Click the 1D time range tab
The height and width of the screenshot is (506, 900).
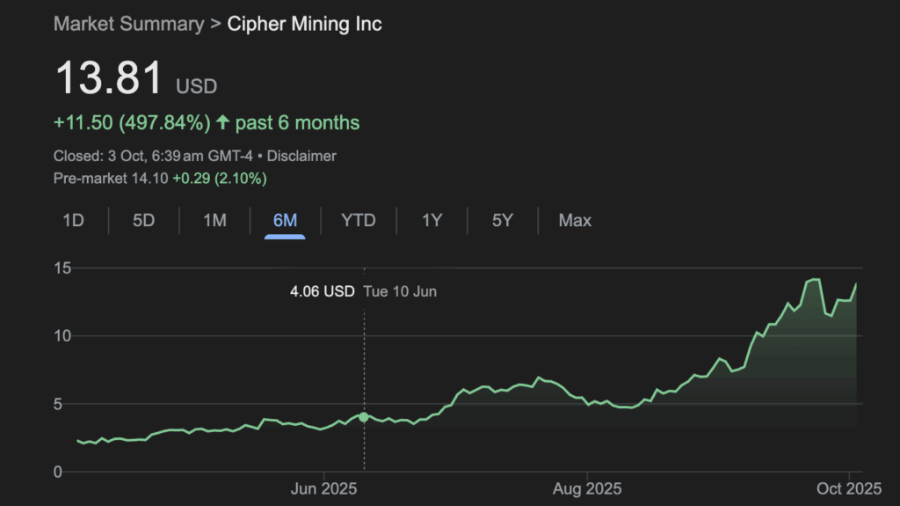pyautogui.click(x=73, y=220)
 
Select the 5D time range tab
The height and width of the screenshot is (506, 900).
pyautogui.click(x=143, y=220)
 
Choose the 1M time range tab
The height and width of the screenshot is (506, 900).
pyautogui.click(x=214, y=220)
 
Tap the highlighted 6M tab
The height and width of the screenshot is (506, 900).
pyautogui.click(x=285, y=220)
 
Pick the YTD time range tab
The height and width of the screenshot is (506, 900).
pyautogui.click(x=358, y=220)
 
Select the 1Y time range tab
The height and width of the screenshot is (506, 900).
pyautogui.click(x=432, y=220)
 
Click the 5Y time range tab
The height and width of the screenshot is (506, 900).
pyautogui.click(x=502, y=220)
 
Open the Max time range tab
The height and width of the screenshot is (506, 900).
pyautogui.click(x=575, y=220)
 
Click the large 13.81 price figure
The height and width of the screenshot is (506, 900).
pyautogui.click(x=110, y=78)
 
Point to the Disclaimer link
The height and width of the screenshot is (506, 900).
pyautogui.click(x=301, y=156)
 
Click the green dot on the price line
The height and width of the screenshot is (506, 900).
pyautogui.click(x=364, y=416)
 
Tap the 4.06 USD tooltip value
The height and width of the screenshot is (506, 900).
pyautogui.click(x=323, y=290)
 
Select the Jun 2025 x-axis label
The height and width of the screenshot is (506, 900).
pyautogui.click(x=323, y=488)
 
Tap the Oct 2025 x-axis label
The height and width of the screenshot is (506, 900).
pyautogui.click(x=850, y=488)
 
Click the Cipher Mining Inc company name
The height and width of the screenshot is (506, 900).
pyautogui.click(x=305, y=24)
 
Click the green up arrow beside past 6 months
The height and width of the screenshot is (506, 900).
pyautogui.click(x=222, y=122)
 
